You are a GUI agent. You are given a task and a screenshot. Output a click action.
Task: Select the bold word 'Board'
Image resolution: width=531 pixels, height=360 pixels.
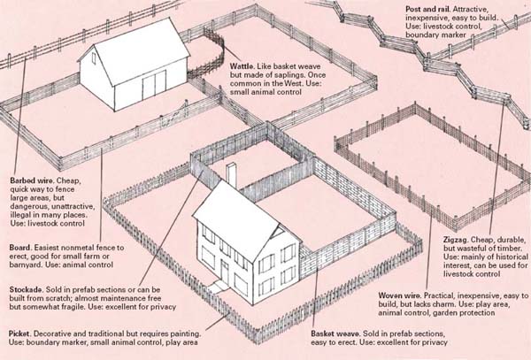coord(20,248)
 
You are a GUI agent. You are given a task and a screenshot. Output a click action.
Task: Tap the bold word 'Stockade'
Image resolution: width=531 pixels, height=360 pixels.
coord(26,290)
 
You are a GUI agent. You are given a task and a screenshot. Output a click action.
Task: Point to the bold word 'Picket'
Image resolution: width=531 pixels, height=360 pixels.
coord(19,333)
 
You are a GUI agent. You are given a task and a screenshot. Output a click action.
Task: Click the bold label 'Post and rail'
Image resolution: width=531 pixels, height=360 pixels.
coord(427,9)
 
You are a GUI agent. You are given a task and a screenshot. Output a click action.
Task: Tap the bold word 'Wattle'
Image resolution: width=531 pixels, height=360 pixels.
coord(241,66)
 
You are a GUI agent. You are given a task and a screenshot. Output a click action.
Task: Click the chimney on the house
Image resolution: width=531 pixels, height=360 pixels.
coord(232,176)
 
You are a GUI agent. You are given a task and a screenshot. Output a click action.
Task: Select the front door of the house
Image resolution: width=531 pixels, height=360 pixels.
coord(225,272)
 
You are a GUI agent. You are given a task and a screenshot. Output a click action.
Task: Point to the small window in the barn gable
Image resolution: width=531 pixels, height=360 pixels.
coord(94,57)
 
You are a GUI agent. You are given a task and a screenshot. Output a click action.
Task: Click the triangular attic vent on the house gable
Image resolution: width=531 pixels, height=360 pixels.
coord(280,232)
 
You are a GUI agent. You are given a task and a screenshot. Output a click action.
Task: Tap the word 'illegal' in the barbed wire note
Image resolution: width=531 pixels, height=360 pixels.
coord(20,215)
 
